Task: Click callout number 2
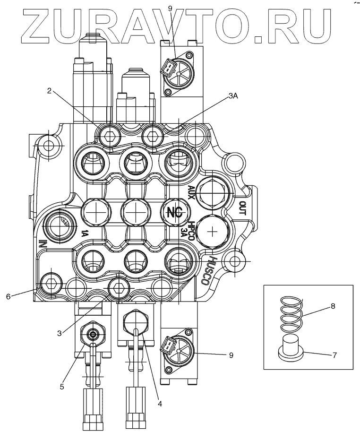[49, 91]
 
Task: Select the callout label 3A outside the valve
[233, 95]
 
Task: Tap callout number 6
[8, 297]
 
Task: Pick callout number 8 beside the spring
[333, 306]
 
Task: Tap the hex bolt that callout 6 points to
[50, 283]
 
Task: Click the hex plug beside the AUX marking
[211, 192]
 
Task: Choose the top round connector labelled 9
[177, 73]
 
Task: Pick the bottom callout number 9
[231, 355]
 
